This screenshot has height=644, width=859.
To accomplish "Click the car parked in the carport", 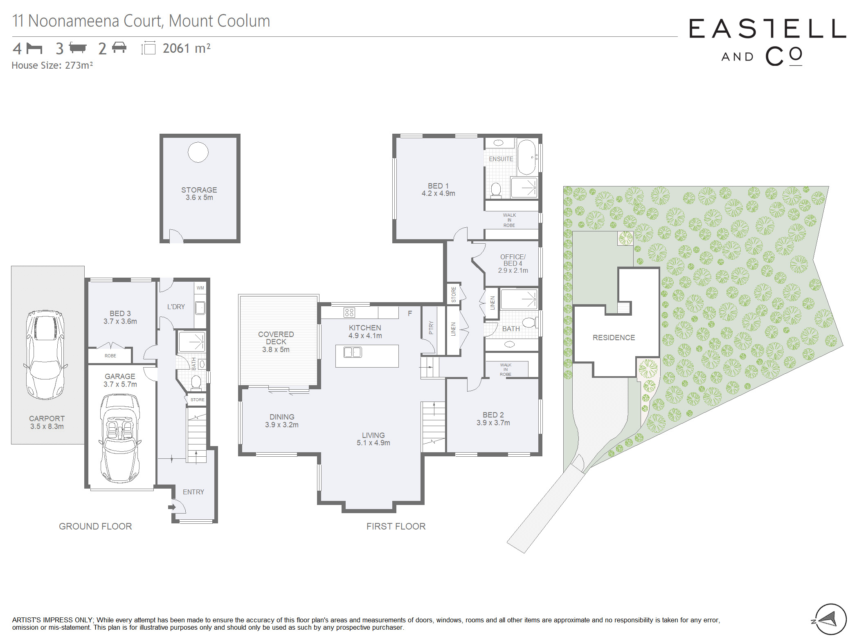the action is pos(45,355).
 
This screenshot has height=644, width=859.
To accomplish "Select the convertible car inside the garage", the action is pos(120,438).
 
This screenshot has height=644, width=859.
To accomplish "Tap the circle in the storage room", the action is pos(198,152).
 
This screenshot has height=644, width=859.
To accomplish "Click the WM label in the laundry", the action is pos(200,288).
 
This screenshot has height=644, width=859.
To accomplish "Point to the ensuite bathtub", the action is pos(526,157).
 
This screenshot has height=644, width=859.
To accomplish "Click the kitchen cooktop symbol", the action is pos(349,313).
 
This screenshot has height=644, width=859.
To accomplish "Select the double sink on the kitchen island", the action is pos(353,352).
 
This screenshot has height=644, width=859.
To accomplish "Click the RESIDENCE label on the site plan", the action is pos(614,337).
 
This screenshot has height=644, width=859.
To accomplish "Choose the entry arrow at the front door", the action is pos(172,507).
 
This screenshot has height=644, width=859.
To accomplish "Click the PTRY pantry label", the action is pos(431,328).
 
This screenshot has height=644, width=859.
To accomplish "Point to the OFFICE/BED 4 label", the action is pos(513,260).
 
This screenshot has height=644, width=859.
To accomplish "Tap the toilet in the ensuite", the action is pos(496,190).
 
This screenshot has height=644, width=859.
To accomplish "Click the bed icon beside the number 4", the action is pos(34,48).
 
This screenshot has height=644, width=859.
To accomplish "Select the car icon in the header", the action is pos(119,47).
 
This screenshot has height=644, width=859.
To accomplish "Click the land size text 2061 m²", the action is pos(187,48).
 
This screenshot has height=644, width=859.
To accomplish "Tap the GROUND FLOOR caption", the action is pos(95,526).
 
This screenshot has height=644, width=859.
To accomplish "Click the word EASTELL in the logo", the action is pos(767,29).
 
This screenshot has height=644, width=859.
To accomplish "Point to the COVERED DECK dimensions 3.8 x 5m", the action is pos(276,350).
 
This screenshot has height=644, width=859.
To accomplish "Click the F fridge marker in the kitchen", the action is pos(410,314).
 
